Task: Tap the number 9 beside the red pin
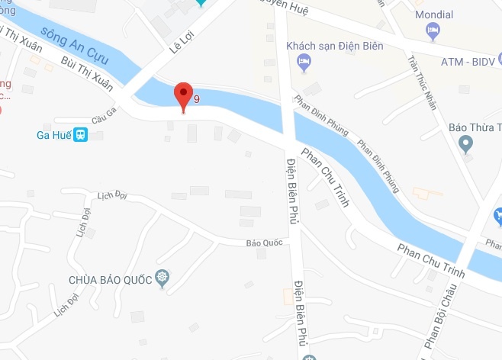coord(198,98)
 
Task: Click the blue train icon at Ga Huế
coord(81,135)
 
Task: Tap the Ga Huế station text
coord(53,135)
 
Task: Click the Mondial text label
coord(434,14)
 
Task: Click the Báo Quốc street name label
coord(264,243)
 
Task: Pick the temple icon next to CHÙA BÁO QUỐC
coord(162,278)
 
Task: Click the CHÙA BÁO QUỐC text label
coord(111,278)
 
